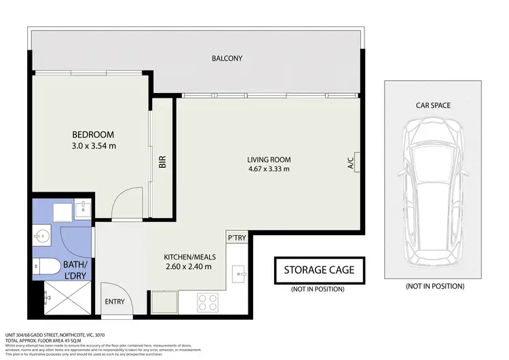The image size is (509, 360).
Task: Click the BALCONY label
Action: tap(227, 58)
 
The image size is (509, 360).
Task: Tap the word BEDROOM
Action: tap(93, 134)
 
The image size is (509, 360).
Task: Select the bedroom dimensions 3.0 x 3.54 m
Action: tap(94, 145)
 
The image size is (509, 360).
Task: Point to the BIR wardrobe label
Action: tap(162, 163)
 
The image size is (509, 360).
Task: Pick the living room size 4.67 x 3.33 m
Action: tap(268, 169)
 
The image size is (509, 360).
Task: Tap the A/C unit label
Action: tap(351, 163)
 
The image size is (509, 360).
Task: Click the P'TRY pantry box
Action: tap(236, 238)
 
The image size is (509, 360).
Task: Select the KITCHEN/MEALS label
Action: tap(187, 257)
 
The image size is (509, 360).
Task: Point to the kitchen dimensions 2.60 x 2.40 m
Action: tap(188, 266)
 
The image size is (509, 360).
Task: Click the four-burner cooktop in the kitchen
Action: tap(208, 302)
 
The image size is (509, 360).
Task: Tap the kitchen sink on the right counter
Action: tap(239, 276)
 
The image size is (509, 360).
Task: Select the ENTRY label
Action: tap(113, 302)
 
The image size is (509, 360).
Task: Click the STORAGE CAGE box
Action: tap(319, 270)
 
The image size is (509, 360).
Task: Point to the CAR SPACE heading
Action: tap(434, 105)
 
